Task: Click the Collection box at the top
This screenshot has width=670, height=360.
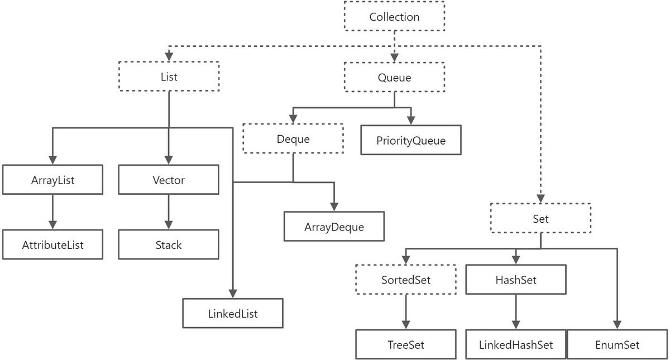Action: pos(394,16)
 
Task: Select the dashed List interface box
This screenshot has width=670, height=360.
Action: pos(169,76)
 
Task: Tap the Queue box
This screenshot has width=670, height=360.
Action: pos(394,77)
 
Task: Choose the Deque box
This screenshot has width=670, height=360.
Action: pos(293,138)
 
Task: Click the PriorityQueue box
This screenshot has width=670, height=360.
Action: pos(411,140)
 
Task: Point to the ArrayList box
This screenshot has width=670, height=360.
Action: pos(52,179)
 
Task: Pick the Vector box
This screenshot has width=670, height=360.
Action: pos(169,179)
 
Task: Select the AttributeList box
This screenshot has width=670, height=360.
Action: pos(52,244)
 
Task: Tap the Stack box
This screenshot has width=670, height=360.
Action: pos(169,244)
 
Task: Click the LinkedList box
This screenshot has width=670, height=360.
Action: pos(233,313)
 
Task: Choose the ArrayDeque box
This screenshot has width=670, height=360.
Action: pos(334,227)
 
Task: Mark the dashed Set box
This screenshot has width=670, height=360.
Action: pos(541,218)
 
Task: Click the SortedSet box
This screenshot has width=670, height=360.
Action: pos(406,279)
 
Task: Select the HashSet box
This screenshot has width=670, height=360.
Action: pos(516,279)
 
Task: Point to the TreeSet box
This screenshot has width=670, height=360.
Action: pos(406,344)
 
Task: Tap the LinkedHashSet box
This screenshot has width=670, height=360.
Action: pos(516,344)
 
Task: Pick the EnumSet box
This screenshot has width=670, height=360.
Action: pos(618,344)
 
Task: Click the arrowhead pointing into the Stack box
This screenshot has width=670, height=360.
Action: pos(169,225)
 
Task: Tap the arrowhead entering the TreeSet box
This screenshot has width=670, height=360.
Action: pos(406,325)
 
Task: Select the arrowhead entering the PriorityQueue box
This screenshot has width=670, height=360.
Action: pos(411,121)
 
